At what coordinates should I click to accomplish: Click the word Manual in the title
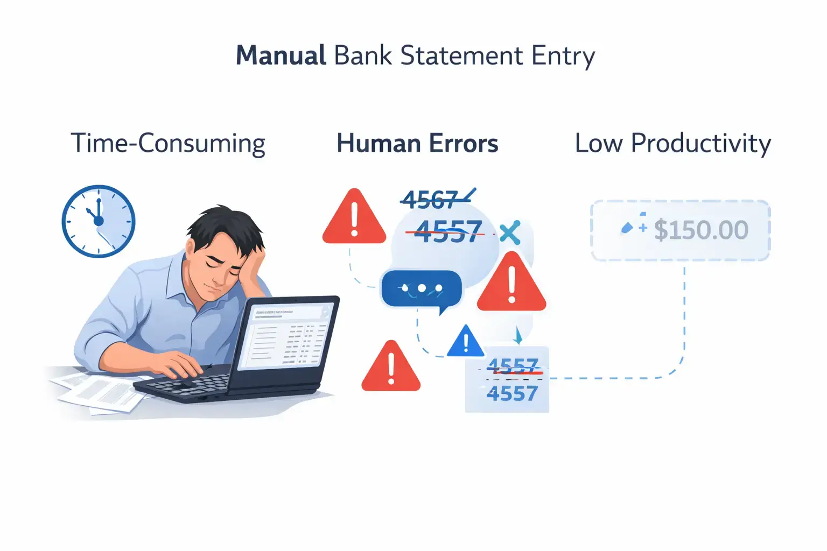pos(281,56)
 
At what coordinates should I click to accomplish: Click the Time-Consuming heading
pos(168,144)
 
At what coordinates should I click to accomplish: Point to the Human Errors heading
pos(417,144)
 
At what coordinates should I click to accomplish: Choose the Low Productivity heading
pos(672,144)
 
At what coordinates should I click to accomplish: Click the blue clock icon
pos(99,221)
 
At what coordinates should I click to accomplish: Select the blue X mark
pos(509,232)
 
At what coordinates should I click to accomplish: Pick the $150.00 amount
pos(700,230)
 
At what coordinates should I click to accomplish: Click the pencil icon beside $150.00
pos(627,228)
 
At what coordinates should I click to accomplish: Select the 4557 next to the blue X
pos(448,232)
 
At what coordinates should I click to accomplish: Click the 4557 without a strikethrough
pos(512,394)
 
